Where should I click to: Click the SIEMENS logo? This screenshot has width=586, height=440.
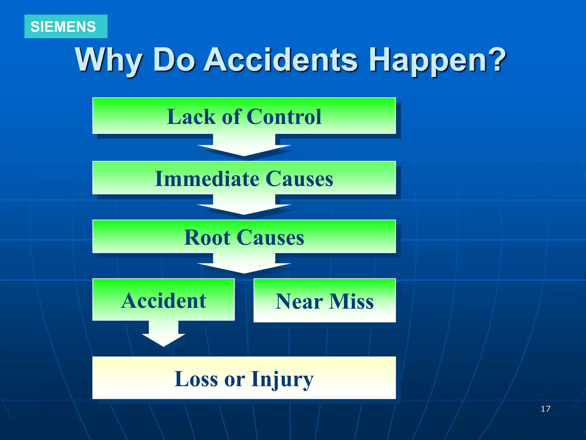(x=63, y=27)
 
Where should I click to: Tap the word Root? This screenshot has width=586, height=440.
(x=207, y=237)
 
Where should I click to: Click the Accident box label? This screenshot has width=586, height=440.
(x=164, y=300)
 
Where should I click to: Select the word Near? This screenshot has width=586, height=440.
(x=299, y=302)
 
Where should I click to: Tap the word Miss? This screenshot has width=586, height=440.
(x=352, y=302)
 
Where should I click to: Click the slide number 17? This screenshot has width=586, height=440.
(x=545, y=409)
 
